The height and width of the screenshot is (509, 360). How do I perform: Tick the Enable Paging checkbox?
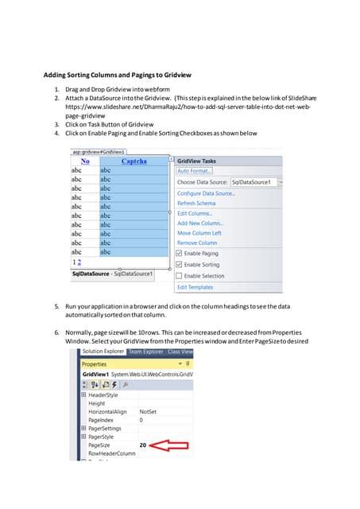180,254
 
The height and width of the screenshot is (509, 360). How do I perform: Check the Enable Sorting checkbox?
180,265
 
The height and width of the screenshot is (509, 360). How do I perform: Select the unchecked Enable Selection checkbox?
180,276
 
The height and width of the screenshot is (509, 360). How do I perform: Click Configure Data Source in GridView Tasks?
205,193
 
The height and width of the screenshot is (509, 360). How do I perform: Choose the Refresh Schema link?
196,204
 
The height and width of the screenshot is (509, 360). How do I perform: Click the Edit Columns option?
195,213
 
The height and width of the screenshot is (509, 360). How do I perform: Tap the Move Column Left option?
199,233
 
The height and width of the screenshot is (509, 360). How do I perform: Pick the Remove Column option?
197,243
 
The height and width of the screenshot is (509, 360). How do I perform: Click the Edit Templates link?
195,287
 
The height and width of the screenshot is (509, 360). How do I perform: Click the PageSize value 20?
144,445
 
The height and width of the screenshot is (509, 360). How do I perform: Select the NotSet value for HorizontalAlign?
148,411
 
